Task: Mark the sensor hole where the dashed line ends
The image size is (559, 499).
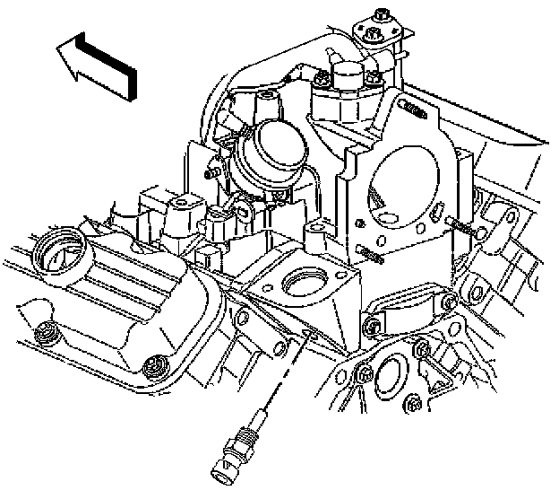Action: (x=307, y=334)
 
